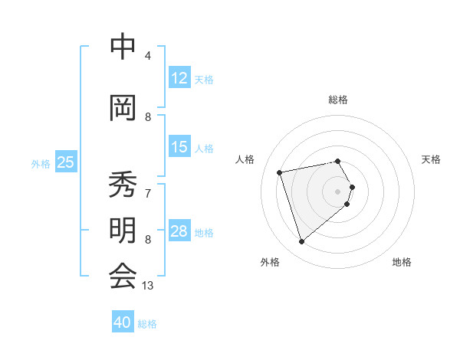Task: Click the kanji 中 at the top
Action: (x=123, y=47)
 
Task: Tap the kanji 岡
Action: (x=123, y=108)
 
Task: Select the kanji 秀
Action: (x=123, y=186)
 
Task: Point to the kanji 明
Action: (x=123, y=231)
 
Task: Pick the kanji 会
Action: (x=123, y=276)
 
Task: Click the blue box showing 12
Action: (x=179, y=78)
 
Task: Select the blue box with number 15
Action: (x=179, y=147)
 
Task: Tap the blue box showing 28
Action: (x=179, y=231)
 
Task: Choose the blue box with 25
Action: (x=65, y=162)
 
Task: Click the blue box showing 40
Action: (x=123, y=322)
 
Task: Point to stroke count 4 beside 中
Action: (x=148, y=55)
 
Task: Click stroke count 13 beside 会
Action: (x=148, y=285)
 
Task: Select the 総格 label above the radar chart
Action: (x=338, y=100)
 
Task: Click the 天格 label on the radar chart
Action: (x=431, y=159)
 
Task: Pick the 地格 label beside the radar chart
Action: (x=402, y=262)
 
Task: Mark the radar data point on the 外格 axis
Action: (x=301, y=242)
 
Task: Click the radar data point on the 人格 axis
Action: (x=280, y=172)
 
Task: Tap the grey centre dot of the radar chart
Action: (x=338, y=191)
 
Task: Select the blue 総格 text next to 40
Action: (x=147, y=324)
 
